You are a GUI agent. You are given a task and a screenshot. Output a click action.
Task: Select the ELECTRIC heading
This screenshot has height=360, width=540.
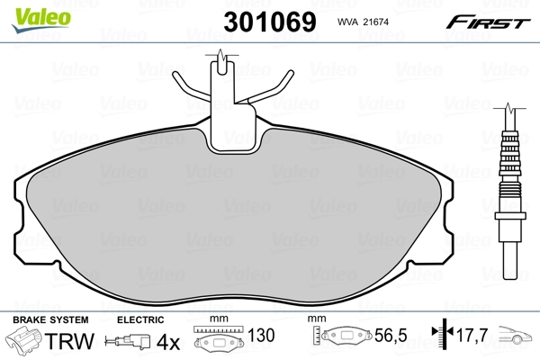140,319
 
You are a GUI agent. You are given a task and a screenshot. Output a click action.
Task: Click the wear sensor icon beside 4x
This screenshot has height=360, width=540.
128,342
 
